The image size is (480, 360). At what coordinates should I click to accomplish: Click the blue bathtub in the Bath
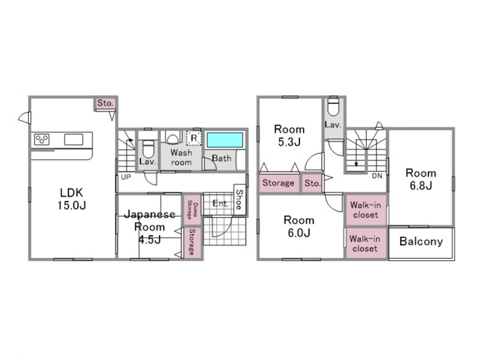point(225,140)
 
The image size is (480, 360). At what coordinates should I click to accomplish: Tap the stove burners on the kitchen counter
point(42,139)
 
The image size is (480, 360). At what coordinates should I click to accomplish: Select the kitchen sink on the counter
point(73,139)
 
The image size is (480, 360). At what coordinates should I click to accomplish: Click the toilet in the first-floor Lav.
point(148,149)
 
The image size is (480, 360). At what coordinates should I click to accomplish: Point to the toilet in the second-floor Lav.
point(333,106)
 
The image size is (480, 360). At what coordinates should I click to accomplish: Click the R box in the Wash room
point(194,138)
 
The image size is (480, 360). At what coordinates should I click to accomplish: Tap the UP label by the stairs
point(126,177)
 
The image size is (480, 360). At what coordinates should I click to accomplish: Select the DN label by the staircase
point(377,176)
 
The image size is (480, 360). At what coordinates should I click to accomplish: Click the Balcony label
point(421,241)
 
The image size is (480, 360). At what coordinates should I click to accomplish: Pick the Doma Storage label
point(192,210)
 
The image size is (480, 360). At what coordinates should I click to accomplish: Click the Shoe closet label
point(239,200)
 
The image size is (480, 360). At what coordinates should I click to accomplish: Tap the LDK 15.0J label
point(72,199)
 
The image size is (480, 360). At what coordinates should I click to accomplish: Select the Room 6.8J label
point(421,179)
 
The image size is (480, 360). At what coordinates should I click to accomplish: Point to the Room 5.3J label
point(289,135)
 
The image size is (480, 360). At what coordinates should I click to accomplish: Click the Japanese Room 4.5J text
point(150,227)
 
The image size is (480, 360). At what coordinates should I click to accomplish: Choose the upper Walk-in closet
point(366,210)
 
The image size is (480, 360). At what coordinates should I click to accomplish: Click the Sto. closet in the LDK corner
point(105,103)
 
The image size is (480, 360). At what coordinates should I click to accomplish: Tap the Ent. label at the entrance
point(220,203)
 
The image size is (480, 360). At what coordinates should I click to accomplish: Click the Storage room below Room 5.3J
point(278,183)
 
